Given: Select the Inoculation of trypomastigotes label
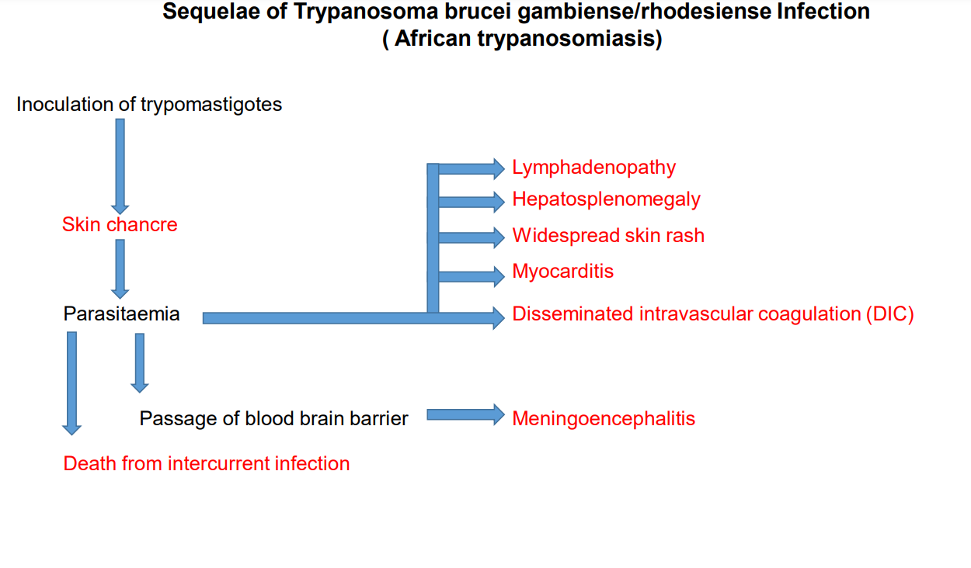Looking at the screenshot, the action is (149, 105).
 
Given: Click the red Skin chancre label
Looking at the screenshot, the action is (120, 225).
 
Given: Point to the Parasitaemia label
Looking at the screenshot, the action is (121, 313).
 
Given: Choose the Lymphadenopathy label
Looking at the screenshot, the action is (594, 168).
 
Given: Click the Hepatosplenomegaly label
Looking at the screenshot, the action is (606, 200).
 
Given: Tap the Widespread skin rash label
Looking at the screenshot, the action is (608, 236).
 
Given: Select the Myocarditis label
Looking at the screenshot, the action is (562, 272).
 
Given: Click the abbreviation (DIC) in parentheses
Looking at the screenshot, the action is (890, 314).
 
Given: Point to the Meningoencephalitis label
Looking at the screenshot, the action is (604, 419).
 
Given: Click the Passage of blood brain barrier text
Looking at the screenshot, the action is (273, 419).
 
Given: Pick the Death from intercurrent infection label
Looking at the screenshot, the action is (207, 464).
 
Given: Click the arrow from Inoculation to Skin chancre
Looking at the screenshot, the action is (120, 166).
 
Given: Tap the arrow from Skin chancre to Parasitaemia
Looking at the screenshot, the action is (120, 268).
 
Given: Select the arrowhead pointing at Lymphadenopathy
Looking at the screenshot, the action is (499, 169).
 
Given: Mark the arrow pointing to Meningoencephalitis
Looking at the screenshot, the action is (465, 414).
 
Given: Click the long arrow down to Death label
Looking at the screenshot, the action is (72, 383).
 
